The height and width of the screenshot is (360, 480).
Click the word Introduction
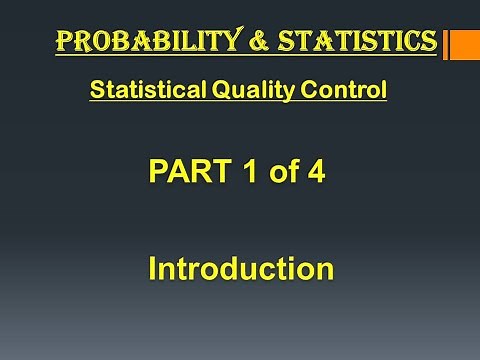(x=240, y=269)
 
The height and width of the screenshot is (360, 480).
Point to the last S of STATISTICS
(x=427, y=41)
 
